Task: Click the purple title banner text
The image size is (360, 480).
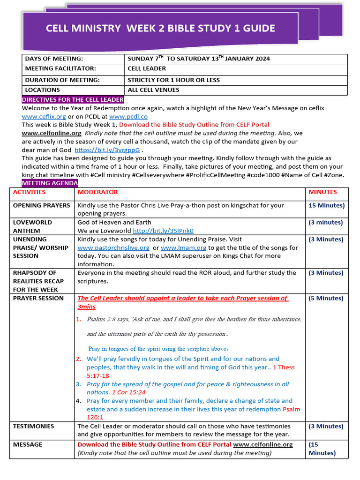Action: pyautogui.click(x=160, y=29)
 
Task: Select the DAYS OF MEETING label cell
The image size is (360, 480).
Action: pyautogui.click(x=54, y=59)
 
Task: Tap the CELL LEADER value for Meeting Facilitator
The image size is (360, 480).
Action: pyautogui.click(x=147, y=68)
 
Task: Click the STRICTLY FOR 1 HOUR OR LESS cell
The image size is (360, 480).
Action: pyautogui.click(x=173, y=80)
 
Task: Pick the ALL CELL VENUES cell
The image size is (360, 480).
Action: pyautogui.click(x=153, y=90)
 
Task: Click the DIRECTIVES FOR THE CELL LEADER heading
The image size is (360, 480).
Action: pyautogui.click(x=73, y=99)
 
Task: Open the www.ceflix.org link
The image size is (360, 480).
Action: pyautogui.click(x=44, y=116)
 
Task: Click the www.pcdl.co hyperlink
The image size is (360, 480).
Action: pyautogui.click(x=128, y=116)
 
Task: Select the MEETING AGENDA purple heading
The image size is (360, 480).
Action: pyautogui.click(x=50, y=183)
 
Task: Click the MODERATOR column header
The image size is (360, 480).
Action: pyautogui.click(x=97, y=192)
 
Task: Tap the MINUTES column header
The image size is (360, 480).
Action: pyautogui.click(x=322, y=192)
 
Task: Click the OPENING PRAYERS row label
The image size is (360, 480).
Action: pyautogui.click(x=41, y=205)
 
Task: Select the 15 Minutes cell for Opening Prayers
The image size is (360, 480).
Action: pyautogui.click(x=326, y=205)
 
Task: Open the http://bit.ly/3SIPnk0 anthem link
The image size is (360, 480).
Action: pyautogui.click(x=163, y=231)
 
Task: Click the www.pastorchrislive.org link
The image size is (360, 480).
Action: pyautogui.click(x=113, y=247)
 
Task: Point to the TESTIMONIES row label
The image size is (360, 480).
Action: pyautogui.click(x=33, y=426)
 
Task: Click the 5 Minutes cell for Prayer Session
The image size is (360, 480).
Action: pyautogui.click(x=326, y=298)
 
